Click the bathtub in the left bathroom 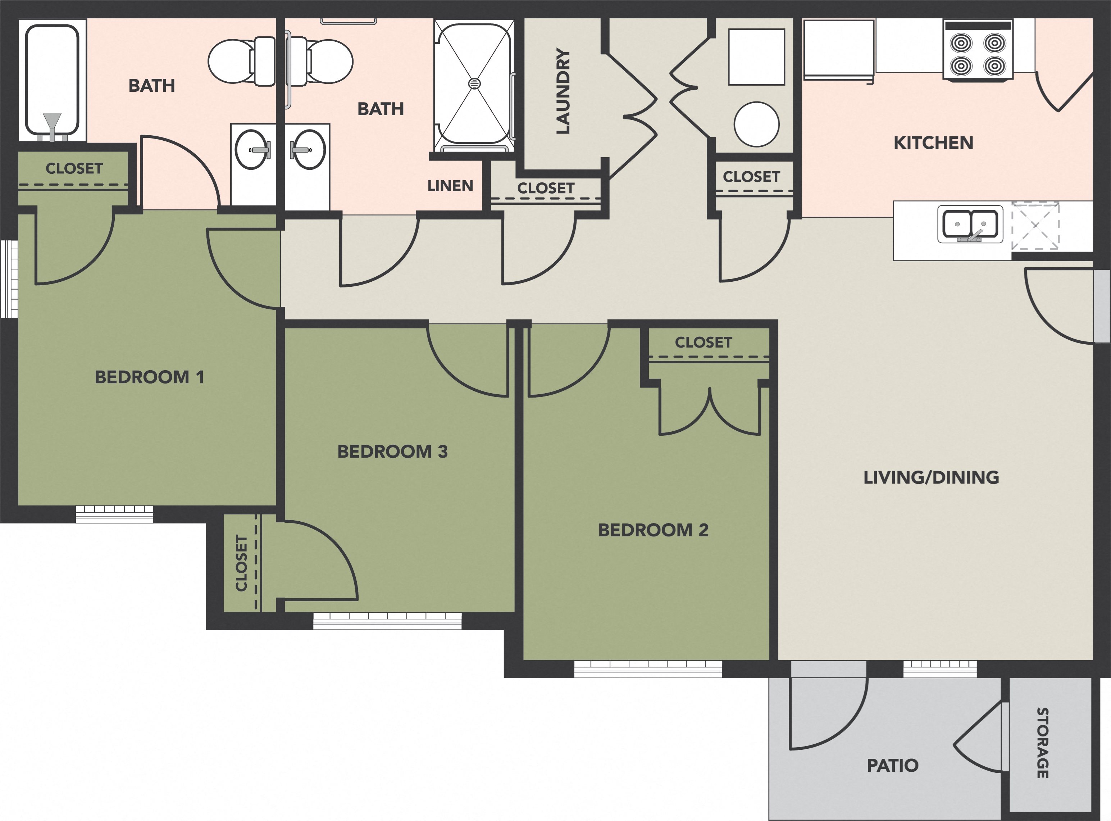tap(52, 80)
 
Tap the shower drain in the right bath tap(474, 83)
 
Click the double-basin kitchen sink tap(970, 224)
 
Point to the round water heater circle tap(756, 124)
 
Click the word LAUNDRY tap(563, 91)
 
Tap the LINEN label tap(450, 186)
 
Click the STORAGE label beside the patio tap(1042, 743)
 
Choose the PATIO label tap(892, 765)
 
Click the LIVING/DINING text tap(931, 477)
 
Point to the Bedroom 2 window tap(647, 668)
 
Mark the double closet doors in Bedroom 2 tap(710, 413)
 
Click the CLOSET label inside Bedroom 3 tap(241, 563)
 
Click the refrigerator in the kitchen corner tap(839, 49)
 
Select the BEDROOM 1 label tap(149, 377)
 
